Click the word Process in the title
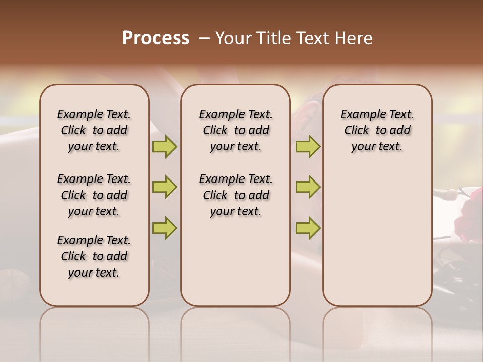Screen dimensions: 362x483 [x=155, y=38]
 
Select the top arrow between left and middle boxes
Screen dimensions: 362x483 [x=165, y=146]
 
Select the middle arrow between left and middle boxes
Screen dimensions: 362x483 [x=165, y=187]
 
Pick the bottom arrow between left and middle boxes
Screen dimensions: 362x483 [x=165, y=228]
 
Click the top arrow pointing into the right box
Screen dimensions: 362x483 [x=308, y=146]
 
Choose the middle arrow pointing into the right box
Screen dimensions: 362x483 [x=308, y=187]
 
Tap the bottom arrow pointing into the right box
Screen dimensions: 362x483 [x=308, y=228]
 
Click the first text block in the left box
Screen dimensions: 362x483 [x=94, y=130]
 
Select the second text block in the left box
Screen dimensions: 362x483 [x=94, y=195]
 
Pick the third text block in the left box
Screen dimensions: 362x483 [x=94, y=256]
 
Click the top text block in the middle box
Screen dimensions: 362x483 [x=235, y=130]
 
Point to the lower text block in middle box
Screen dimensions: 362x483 [x=235, y=195]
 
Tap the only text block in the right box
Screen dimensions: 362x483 [x=377, y=130]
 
